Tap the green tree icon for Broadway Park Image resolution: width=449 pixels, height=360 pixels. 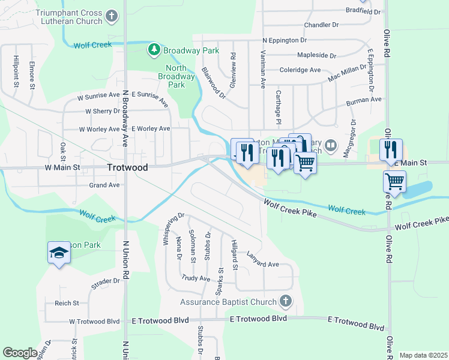154,50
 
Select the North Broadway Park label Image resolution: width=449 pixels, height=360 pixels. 176,77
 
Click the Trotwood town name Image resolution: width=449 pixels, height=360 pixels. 127,168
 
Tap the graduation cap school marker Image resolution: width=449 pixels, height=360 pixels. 59,253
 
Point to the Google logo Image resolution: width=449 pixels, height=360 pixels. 20,353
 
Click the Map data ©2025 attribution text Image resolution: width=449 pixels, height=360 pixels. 423,355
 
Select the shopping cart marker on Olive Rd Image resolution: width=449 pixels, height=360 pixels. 394,181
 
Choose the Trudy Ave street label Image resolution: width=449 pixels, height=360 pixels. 196,278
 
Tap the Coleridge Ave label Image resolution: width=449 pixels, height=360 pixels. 300,70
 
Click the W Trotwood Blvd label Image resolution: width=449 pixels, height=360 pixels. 95,321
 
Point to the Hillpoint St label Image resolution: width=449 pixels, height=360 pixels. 16,72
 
